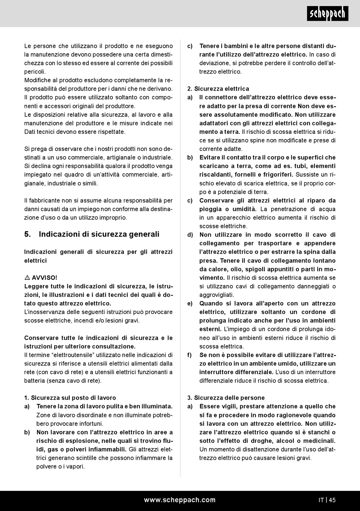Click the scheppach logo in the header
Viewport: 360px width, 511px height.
click(327, 14)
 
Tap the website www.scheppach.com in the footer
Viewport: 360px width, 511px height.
click(180, 500)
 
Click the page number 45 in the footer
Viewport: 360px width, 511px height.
click(332, 500)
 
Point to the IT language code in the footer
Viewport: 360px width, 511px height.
click(321, 500)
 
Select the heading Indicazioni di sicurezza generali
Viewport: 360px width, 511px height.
click(99, 234)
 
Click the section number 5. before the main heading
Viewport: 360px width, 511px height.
click(28, 234)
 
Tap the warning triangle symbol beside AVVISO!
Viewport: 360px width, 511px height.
click(27, 277)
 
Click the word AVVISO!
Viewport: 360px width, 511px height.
click(45, 278)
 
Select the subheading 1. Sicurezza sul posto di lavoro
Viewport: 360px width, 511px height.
click(70, 398)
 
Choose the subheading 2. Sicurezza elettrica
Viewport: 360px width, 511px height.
click(218, 89)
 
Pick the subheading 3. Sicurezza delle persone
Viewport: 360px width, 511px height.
click(226, 398)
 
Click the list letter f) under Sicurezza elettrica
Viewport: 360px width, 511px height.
click(189, 355)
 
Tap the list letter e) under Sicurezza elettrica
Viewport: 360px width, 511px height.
click(190, 304)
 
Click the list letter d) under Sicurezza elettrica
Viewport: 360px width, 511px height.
click(190, 235)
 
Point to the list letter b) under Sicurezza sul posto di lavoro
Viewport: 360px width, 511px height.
click(27, 433)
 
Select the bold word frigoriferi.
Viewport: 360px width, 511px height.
click(277, 175)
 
